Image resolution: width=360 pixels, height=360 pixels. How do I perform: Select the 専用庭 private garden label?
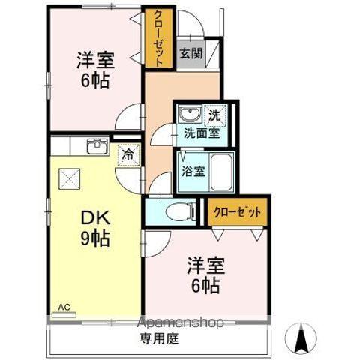158,338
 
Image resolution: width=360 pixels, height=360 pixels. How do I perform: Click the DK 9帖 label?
96,228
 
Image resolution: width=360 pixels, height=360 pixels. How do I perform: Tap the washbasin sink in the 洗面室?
190,116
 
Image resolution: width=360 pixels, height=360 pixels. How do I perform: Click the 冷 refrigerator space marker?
127,155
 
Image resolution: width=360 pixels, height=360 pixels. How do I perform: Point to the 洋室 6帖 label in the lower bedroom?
203,275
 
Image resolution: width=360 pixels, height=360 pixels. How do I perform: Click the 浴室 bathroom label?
193,170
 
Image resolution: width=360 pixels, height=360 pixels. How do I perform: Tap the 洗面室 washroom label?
202,133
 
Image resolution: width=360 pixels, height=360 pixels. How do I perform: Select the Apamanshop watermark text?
179,322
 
